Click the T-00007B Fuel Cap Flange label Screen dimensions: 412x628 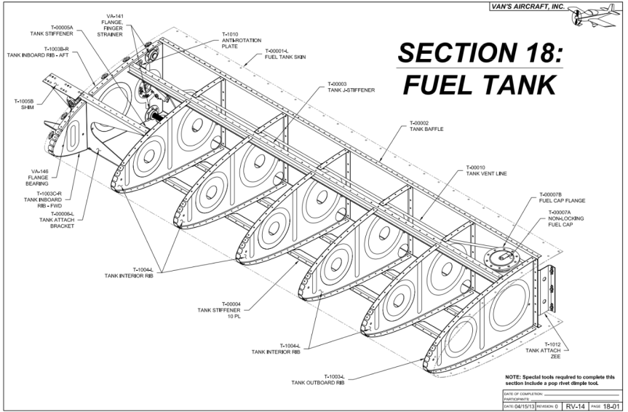point(561,197)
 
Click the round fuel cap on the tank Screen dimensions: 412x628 point(501,257)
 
